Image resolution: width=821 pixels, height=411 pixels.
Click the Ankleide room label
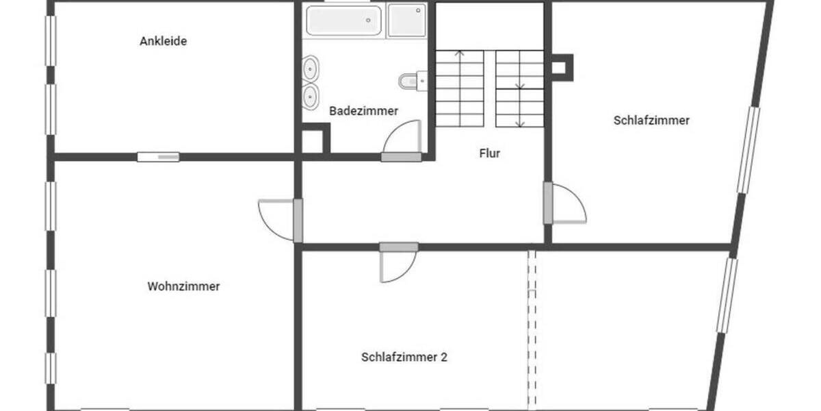(163, 41)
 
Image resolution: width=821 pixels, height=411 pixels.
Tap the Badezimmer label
(363, 110)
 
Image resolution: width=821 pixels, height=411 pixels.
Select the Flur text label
(489, 153)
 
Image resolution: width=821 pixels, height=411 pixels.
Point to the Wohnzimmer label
(183, 286)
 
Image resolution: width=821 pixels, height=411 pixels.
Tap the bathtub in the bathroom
(343, 21)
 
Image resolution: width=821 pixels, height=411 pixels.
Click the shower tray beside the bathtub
(406, 21)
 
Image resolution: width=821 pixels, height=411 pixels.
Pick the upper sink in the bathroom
(311, 69)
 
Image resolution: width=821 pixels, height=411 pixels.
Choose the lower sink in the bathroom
(311, 97)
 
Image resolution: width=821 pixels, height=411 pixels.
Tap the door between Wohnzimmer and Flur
(282, 219)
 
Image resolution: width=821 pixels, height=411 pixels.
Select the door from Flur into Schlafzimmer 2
(398, 264)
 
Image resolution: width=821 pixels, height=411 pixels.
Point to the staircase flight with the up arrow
(459, 88)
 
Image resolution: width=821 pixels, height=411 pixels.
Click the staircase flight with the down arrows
(520, 88)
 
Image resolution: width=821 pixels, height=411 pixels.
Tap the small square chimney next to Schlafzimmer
(560, 67)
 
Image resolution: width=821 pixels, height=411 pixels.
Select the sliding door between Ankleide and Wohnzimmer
(158, 157)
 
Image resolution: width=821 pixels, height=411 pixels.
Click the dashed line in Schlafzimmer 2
(532, 329)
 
